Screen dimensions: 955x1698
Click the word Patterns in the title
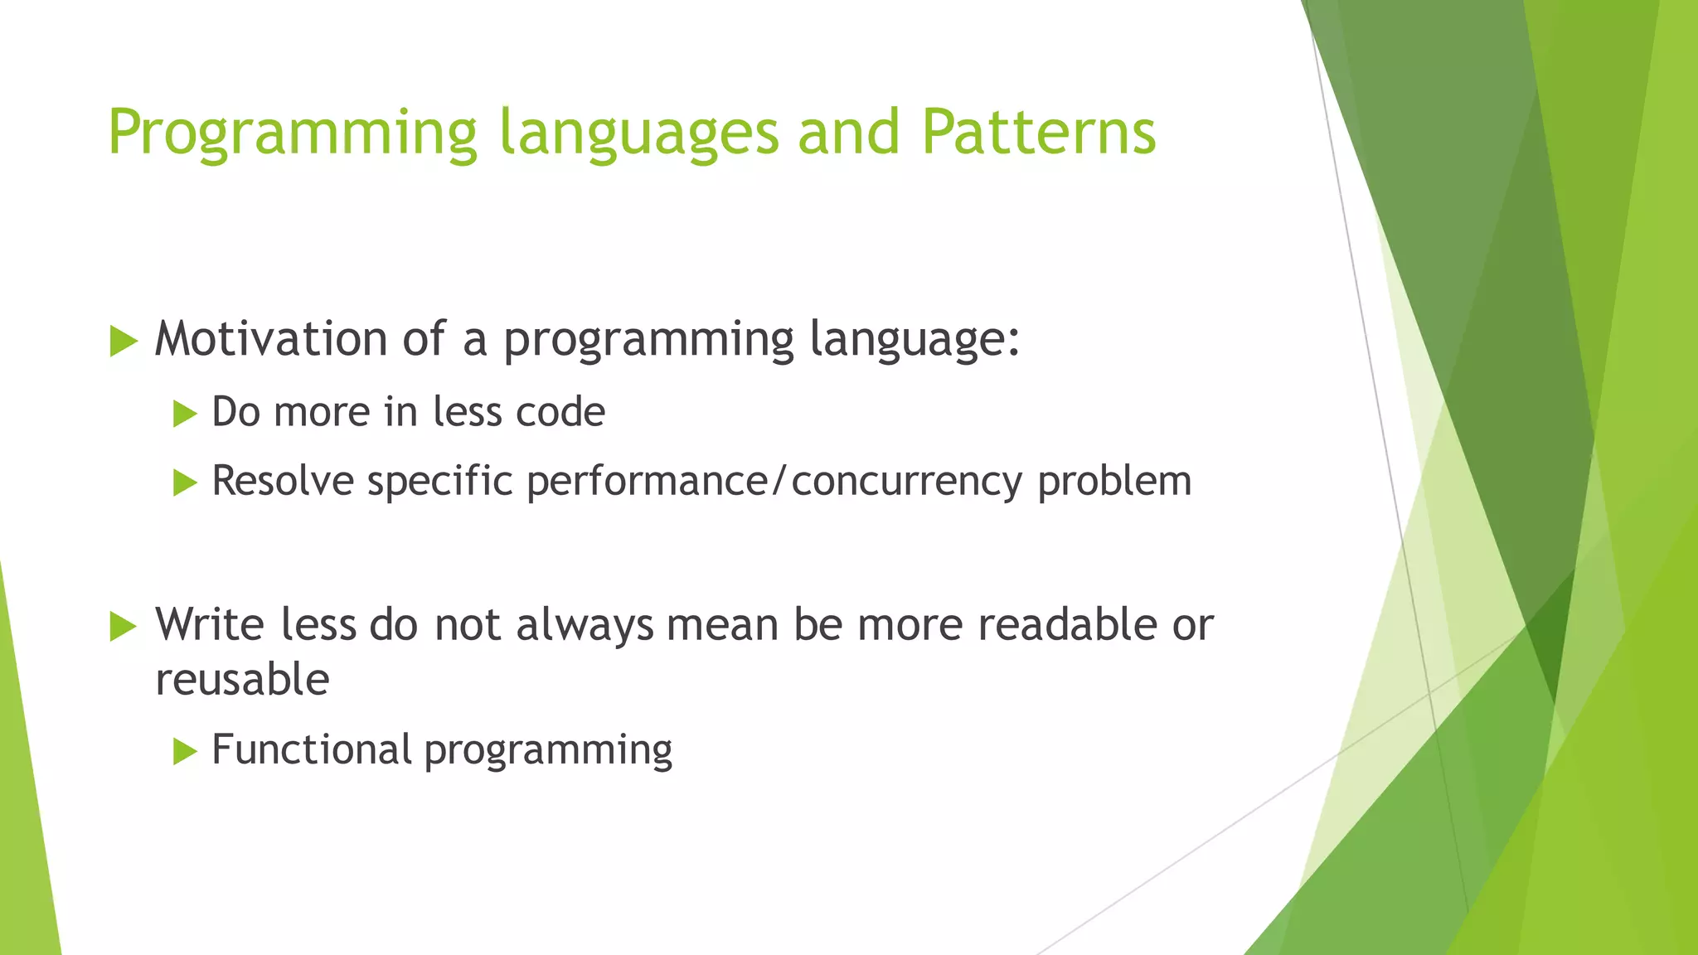1038,133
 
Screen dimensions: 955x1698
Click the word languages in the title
639,133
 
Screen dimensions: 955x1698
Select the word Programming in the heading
293,133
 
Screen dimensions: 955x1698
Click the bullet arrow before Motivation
123,341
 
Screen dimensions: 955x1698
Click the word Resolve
283,481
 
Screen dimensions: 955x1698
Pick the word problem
1114,481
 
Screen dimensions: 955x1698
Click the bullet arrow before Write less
123,626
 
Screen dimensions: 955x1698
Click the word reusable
242,680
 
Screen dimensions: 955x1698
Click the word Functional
312,749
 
